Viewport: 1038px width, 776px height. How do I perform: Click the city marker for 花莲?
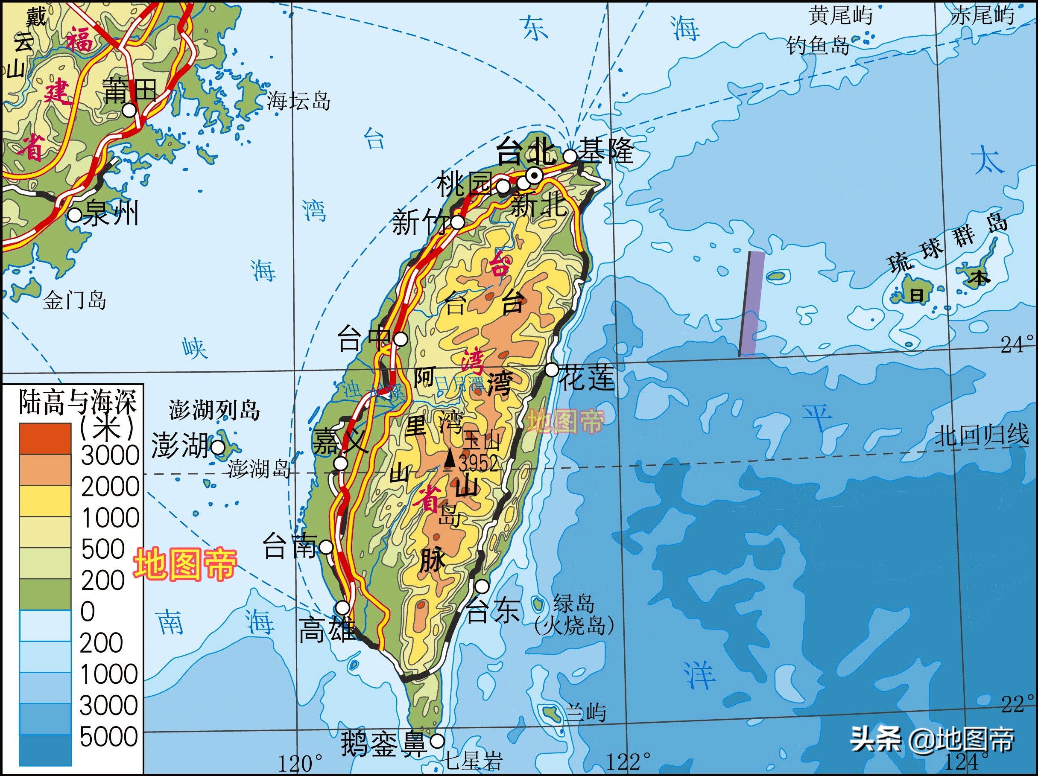tap(552, 370)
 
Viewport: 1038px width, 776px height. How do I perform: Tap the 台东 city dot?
tap(482, 586)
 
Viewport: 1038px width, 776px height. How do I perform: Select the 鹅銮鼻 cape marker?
tap(437, 741)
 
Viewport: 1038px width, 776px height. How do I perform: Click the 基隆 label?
tap(605, 151)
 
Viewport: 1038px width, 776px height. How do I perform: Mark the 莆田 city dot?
tap(129, 110)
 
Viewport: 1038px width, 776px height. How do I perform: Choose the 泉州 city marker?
tap(75, 215)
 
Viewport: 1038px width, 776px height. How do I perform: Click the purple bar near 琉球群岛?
tap(752, 304)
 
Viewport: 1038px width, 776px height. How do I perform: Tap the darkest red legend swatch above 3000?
tap(45, 439)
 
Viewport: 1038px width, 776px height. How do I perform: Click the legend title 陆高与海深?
tap(77, 402)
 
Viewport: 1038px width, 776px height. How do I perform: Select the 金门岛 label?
tap(75, 300)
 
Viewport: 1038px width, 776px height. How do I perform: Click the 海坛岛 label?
tap(298, 101)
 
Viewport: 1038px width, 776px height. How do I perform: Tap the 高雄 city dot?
tap(343, 607)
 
